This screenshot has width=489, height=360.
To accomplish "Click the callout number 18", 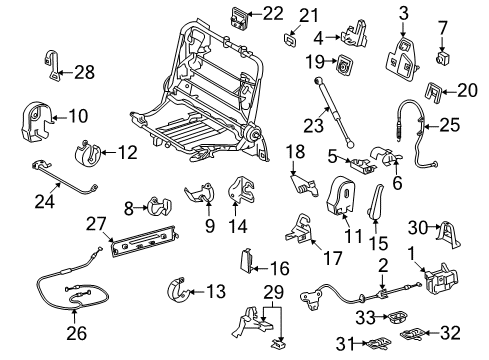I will pos(294,151).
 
